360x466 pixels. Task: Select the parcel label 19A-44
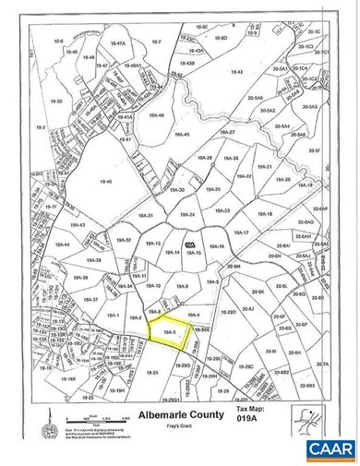pos(64,244)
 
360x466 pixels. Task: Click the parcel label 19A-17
pos(242,233)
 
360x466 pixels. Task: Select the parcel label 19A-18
pos(266,214)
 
